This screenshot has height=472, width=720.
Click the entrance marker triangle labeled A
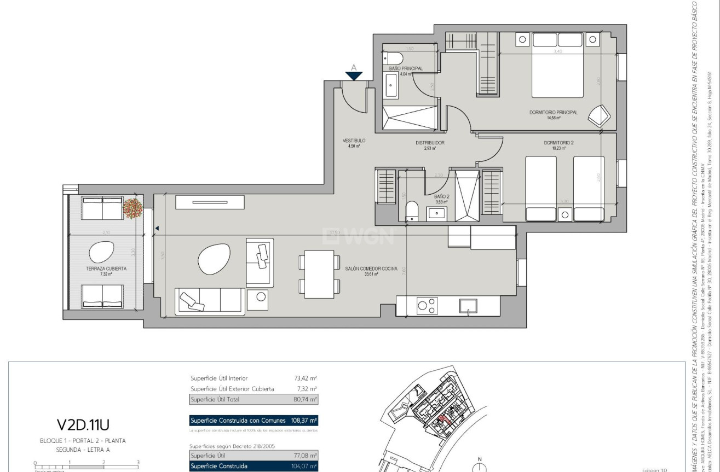tap(354, 75)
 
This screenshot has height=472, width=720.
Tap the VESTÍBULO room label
tap(354, 141)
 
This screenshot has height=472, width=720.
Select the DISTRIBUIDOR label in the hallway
tap(429, 143)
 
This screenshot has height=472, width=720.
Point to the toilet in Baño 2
tap(412, 211)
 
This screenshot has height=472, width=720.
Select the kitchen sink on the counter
tap(468, 305)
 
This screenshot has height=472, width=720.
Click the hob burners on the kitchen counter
tap(427, 305)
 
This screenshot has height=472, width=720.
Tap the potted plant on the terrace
tap(133, 208)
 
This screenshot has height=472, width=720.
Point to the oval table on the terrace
tap(102, 252)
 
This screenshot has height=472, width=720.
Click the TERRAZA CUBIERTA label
tap(106, 269)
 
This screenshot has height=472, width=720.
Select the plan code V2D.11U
tap(83, 425)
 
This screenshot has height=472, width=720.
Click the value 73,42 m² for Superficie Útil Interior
tap(306, 378)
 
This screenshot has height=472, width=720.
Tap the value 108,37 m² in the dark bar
tap(304, 421)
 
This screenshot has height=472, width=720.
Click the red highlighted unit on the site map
tap(442, 419)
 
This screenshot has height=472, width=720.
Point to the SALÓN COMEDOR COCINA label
tap(370, 269)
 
